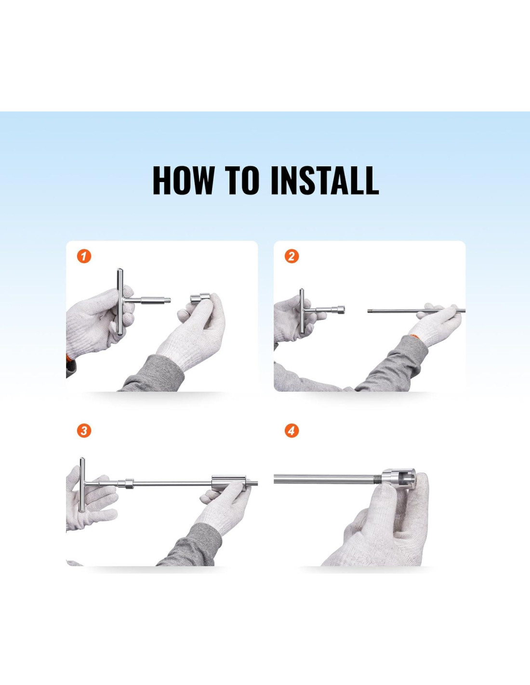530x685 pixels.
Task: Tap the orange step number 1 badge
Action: coord(84,256)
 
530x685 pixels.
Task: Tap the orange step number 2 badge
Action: coord(291,256)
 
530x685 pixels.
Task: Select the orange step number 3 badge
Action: coord(84,430)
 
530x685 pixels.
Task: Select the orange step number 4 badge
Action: coord(291,430)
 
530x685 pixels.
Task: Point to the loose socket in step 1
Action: coord(200,298)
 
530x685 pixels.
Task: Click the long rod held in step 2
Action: coord(416,311)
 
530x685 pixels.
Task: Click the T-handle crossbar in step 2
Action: coord(302,311)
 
